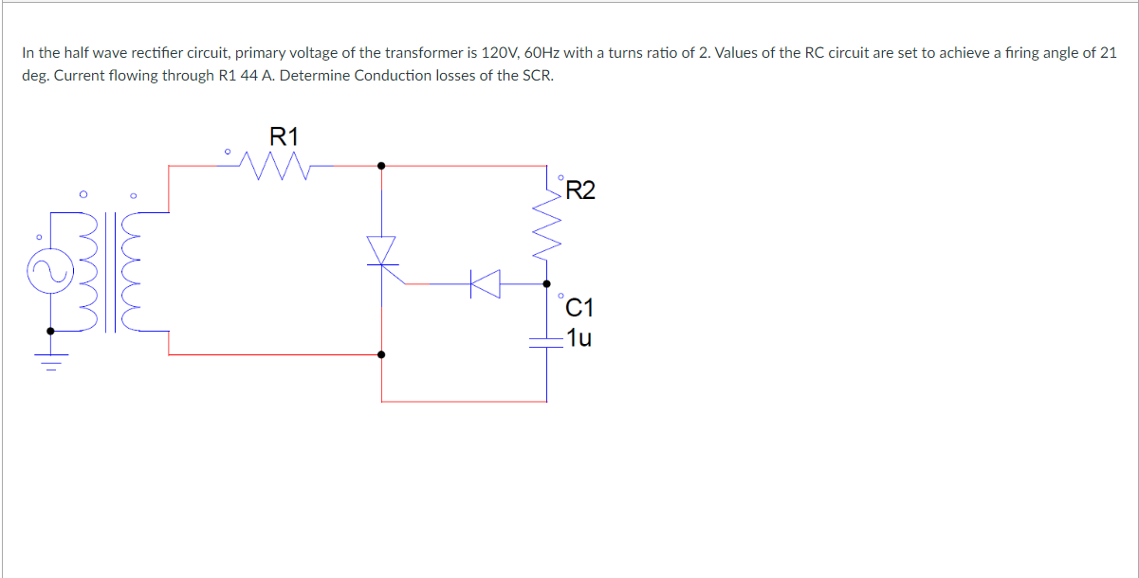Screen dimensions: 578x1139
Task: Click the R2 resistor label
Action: pyautogui.click(x=580, y=192)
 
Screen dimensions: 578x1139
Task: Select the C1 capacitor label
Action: pyautogui.click(x=579, y=307)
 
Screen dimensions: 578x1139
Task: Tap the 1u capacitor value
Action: pyautogui.click(x=579, y=336)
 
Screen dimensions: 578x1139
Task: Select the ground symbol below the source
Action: pyautogui.click(x=50, y=361)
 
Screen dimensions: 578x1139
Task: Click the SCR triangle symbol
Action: pyautogui.click(x=382, y=250)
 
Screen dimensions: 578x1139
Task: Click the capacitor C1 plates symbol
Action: pyautogui.click(x=547, y=342)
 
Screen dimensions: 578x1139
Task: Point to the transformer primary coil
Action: pyautogui.click(x=90, y=275)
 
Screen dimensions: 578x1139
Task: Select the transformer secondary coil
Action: pyautogui.click(x=137, y=275)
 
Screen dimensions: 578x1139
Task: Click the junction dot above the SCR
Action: pyautogui.click(x=381, y=165)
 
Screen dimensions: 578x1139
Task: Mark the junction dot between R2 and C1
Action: pyautogui.click(x=547, y=282)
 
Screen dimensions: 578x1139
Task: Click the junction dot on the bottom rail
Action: pyautogui.click(x=381, y=355)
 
